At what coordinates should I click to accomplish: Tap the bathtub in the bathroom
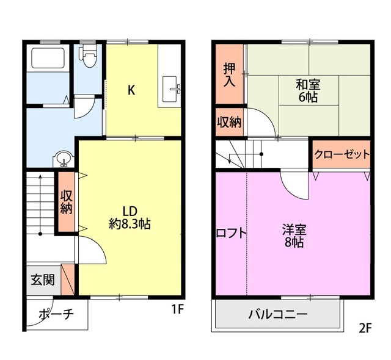pyautogui.click(x=48, y=58)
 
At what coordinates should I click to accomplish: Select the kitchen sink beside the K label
pyautogui.click(x=171, y=89)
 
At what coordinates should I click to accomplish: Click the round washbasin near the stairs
pyautogui.click(x=64, y=159)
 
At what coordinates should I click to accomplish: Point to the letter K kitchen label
pyautogui.click(x=131, y=90)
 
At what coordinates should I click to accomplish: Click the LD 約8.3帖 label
pyautogui.click(x=130, y=218)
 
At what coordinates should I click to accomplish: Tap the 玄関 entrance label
pyautogui.click(x=42, y=280)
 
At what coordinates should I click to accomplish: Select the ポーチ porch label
pyautogui.click(x=56, y=314)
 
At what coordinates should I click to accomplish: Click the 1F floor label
pyautogui.click(x=178, y=309)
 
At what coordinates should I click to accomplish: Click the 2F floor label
pyautogui.click(x=365, y=329)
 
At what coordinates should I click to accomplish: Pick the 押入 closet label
pyautogui.click(x=229, y=75)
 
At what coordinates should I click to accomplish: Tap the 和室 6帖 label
pyautogui.click(x=308, y=91)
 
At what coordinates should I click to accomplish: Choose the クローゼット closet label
pyautogui.click(x=342, y=154)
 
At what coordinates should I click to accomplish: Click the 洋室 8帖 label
pyautogui.click(x=294, y=236)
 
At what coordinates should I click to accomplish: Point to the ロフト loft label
pyautogui.click(x=231, y=234)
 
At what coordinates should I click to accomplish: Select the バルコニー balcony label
pyautogui.click(x=278, y=315)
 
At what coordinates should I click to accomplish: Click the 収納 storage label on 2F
pyautogui.click(x=229, y=122)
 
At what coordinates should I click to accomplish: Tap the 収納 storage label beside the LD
pyautogui.click(x=67, y=201)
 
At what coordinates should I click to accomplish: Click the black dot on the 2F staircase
pyautogui.click(x=261, y=154)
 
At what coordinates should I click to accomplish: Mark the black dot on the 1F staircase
pyautogui.click(x=40, y=234)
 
